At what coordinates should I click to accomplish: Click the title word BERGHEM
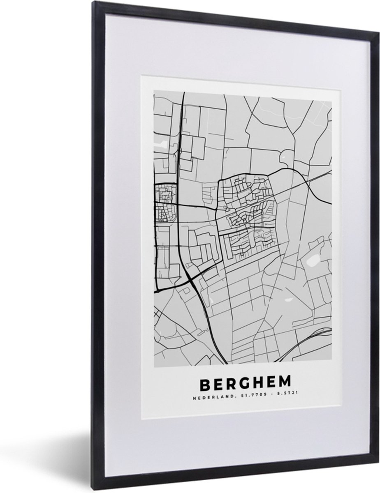pos(245,384)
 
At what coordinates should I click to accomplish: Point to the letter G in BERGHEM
pos(244,384)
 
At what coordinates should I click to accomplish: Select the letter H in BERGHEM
pos(258,384)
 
